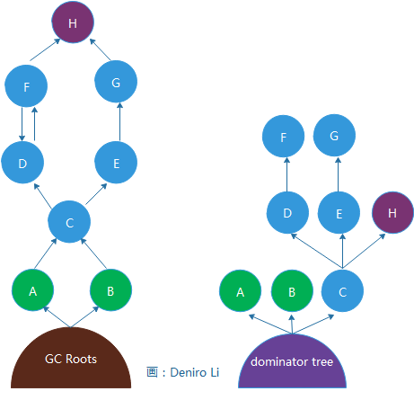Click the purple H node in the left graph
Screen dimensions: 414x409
[73, 22]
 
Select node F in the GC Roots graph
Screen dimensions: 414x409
[26, 86]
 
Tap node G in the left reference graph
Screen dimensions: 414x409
[116, 82]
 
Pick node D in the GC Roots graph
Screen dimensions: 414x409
[22, 163]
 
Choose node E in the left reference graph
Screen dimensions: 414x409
[116, 163]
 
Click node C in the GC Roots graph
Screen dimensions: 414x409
[69, 222]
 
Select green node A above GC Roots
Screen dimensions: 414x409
[33, 290]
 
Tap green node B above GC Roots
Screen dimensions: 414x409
[111, 290]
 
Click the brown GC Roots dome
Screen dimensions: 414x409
[71, 358]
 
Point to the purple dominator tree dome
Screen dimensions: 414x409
[292, 361]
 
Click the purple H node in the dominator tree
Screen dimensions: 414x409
[392, 213]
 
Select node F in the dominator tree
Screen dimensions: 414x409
[283, 136]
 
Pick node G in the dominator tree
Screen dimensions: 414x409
[334, 135]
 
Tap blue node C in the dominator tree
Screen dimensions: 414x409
[342, 291]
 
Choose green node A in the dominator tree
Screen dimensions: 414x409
[240, 291]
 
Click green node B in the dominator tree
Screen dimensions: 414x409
[292, 291]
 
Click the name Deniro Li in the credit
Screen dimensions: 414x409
[195, 372]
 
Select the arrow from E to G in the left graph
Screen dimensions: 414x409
[120, 121]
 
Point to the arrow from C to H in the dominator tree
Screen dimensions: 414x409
[364, 251]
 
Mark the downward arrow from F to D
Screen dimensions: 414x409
[22, 124]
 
